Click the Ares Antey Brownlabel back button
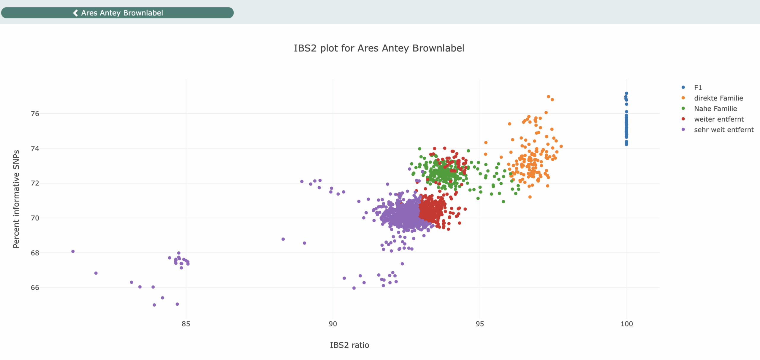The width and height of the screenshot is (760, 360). (118, 13)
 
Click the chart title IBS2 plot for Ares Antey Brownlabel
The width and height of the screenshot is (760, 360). (379, 48)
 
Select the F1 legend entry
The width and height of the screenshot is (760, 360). (698, 88)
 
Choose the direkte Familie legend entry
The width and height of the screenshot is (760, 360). (718, 98)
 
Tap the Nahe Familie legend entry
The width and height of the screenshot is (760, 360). (715, 109)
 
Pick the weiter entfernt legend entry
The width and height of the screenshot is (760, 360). (718, 119)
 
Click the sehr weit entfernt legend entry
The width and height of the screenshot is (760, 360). (723, 130)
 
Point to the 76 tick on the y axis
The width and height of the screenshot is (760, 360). (35, 114)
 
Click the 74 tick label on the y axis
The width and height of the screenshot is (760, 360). (35, 148)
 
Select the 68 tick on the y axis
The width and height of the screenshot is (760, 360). (35, 253)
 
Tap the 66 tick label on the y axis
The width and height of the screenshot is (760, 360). (35, 288)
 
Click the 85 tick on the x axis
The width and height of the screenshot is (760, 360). (186, 324)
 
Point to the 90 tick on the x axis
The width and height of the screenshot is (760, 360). (333, 324)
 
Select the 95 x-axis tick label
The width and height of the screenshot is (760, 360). (480, 324)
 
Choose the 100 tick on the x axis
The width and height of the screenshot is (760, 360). (626, 324)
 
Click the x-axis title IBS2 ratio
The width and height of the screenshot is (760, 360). (349, 345)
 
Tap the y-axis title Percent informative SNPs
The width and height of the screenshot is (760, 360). (16, 199)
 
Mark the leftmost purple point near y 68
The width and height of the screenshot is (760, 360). (73, 251)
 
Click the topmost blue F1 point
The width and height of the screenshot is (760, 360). (626, 93)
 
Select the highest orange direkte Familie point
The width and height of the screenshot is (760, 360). (548, 97)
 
